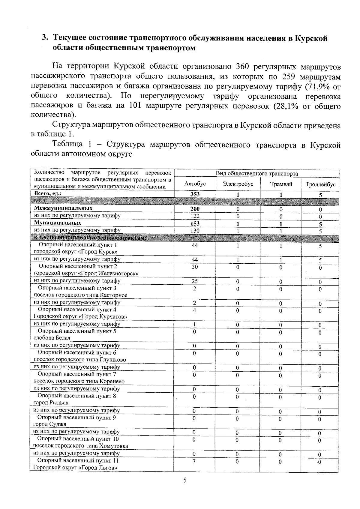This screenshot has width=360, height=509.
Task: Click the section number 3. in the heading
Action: tap(45, 38)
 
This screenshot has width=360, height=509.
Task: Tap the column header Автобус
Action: tap(195, 184)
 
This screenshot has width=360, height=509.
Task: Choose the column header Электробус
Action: tap(238, 184)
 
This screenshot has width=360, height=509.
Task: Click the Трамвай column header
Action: tap(281, 184)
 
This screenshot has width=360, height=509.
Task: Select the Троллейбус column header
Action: tap(320, 185)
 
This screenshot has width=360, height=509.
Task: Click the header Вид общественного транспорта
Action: tap(256, 174)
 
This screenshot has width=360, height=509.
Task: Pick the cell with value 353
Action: tap(195, 194)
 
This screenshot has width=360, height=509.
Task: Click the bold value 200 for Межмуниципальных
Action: tap(195, 209)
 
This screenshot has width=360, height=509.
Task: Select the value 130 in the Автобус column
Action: tap(195, 231)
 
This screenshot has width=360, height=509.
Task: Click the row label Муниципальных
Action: tap(57, 223)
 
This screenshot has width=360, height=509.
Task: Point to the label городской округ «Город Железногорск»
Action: tap(86, 273)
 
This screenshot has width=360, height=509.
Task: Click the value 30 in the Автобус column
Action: tap(195, 267)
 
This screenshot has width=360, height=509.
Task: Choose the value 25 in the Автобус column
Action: tap(195, 281)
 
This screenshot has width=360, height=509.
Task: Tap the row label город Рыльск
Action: tap(51, 403)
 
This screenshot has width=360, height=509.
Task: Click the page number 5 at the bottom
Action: tap(185, 481)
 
